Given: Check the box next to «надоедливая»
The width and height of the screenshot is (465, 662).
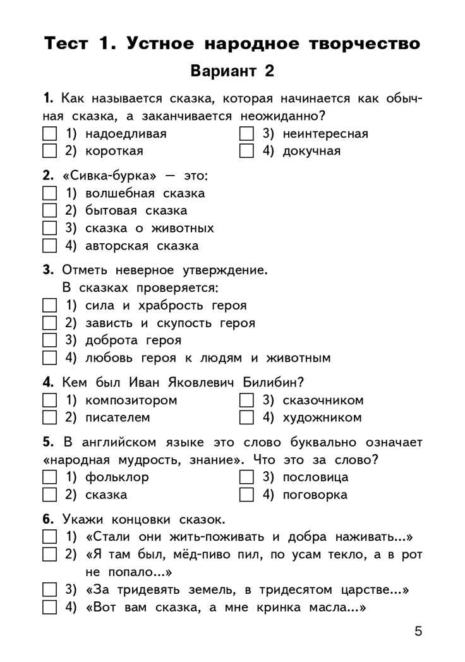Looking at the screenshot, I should (49, 134).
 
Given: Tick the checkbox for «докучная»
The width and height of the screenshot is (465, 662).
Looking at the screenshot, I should (247, 151).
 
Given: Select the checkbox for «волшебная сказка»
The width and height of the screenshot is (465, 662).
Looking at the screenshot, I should (49, 193).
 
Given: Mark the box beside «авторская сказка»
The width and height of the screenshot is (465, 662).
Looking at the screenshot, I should (49, 246).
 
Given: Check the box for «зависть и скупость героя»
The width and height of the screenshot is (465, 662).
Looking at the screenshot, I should (49, 323).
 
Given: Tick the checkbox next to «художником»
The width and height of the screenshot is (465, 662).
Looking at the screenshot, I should (247, 418).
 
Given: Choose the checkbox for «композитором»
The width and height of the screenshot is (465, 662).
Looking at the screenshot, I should (49, 400).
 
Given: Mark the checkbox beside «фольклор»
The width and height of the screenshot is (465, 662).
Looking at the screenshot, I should (49, 478).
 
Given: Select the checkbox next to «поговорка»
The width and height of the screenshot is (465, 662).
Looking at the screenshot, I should (247, 495).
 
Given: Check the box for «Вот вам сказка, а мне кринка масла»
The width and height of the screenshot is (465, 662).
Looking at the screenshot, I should (49, 608).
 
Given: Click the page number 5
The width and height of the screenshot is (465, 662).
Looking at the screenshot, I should (418, 631).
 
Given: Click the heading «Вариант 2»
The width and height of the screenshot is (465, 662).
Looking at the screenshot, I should (232, 71).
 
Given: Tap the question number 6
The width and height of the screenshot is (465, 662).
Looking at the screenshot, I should (47, 520).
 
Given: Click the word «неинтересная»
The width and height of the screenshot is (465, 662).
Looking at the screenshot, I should (325, 133).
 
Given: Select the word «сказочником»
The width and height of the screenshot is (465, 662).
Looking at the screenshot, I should (323, 400).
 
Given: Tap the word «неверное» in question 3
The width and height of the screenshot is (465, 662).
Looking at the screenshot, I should (126, 270).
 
